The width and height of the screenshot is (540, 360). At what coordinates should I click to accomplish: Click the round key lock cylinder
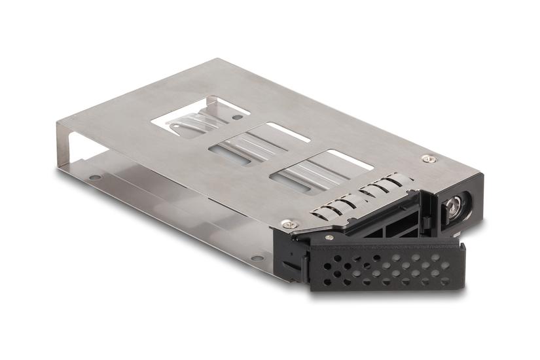452,209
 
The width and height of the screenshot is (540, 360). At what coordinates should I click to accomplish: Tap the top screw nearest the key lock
427,158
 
